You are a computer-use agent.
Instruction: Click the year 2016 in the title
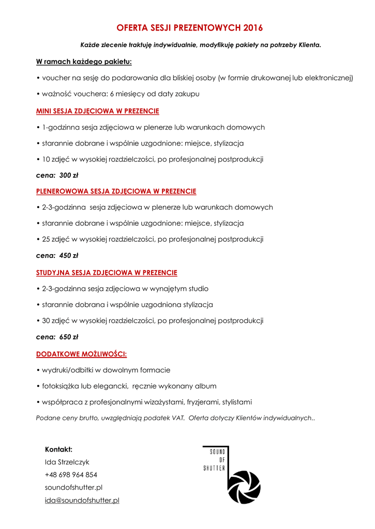(x=252, y=28)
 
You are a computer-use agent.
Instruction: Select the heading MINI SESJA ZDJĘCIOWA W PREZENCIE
(x=97, y=111)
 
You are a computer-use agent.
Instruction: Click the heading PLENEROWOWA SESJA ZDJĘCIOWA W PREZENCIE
(x=116, y=191)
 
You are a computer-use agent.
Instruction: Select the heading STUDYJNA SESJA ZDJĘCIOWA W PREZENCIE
(x=107, y=272)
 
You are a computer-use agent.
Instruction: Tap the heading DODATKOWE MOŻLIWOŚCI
(x=81, y=354)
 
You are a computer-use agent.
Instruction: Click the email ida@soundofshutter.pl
(x=82, y=500)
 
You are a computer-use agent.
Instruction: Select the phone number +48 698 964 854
(x=71, y=475)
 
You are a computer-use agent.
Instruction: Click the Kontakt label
(x=58, y=449)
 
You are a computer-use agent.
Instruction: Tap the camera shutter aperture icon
(x=244, y=487)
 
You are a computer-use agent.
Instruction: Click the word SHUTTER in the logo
(x=214, y=468)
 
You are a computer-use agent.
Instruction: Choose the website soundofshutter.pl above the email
(x=73, y=487)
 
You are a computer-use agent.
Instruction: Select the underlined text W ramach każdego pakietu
(x=84, y=62)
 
